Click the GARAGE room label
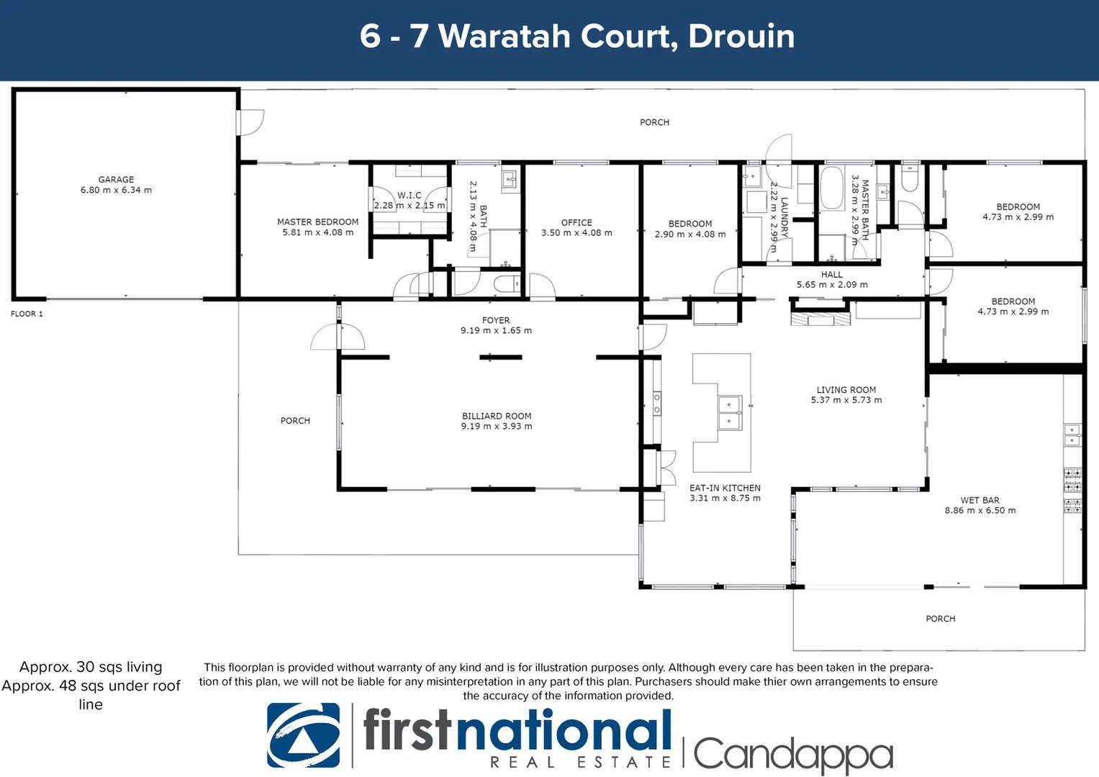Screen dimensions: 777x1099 [116, 180]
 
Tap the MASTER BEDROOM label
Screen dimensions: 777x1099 [317, 222]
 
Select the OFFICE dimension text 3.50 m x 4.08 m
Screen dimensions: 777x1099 [576, 233]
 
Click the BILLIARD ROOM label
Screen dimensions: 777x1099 [497, 416]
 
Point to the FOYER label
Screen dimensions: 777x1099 [496, 320]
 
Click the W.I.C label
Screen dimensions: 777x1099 [410, 195]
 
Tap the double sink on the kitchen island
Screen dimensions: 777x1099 [729, 413]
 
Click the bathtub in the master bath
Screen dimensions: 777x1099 [831, 188]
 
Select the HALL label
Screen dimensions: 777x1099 [831, 274]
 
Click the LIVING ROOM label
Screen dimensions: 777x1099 [846, 390]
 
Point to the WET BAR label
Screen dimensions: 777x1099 [980, 500]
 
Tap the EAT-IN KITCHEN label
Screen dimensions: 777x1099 [725, 488]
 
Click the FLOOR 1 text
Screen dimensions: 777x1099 [27, 314]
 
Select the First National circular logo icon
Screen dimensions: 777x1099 [303, 735]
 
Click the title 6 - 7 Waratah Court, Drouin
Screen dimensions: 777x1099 [577, 36]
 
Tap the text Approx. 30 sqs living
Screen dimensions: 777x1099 [91, 667]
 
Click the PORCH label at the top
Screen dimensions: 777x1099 [654, 122]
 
